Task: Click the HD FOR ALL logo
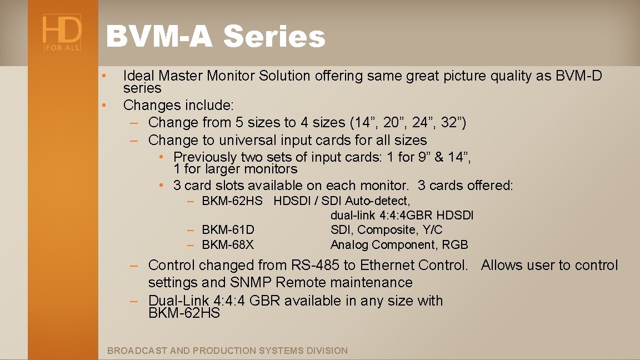coord(62,33)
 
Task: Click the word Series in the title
coord(274,37)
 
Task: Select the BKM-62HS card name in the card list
coord(232,201)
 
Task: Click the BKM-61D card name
coord(228,230)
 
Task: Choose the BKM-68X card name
coord(228,245)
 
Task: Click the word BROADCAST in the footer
coord(137,351)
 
